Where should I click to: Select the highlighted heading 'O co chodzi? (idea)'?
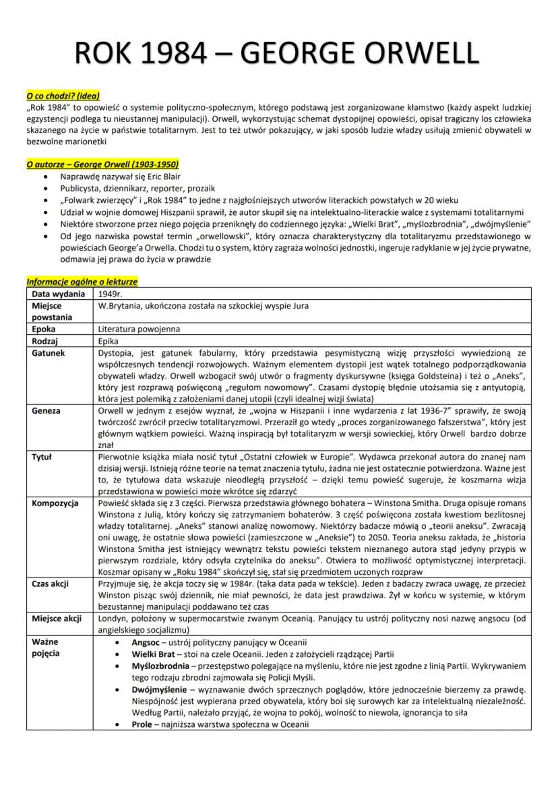tap(62, 96)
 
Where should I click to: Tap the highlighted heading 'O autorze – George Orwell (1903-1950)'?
tap(102, 164)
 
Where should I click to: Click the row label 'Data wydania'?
tap(58, 294)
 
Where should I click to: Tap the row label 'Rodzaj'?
tap(45, 341)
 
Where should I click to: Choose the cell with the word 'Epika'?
tap(109, 341)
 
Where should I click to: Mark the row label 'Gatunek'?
tap(48, 352)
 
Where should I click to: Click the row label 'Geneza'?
tap(46, 410)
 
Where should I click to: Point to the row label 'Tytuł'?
tap(42, 456)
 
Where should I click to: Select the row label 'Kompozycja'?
tap(55, 503)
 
